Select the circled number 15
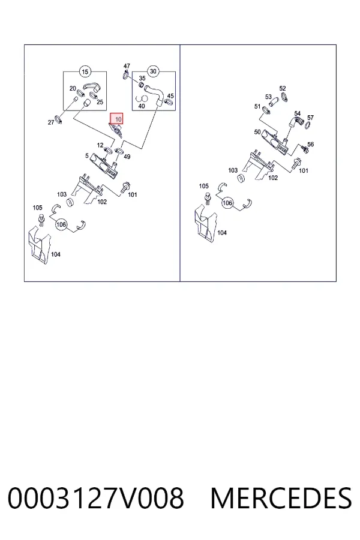click(x=85, y=71)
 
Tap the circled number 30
click(x=154, y=71)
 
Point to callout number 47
click(x=127, y=66)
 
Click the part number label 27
click(x=51, y=122)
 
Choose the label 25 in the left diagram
click(x=100, y=102)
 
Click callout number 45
click(x=170, y=96)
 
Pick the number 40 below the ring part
click(x=141, y=106)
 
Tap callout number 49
click(x=127, y=157)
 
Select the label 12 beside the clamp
click(x=100, y=145)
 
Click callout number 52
click(x=283, y=89)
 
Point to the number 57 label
click(x=310, y=118)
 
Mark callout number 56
click(x=310, y=144)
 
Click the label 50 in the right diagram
click(x=257, y=132)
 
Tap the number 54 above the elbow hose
click(x=298, y=113)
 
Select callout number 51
click(x=257, y=106)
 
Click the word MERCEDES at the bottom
click(x=281, y=498)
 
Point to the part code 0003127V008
click(x=96, y=498)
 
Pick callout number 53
click(x=268, y=97)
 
